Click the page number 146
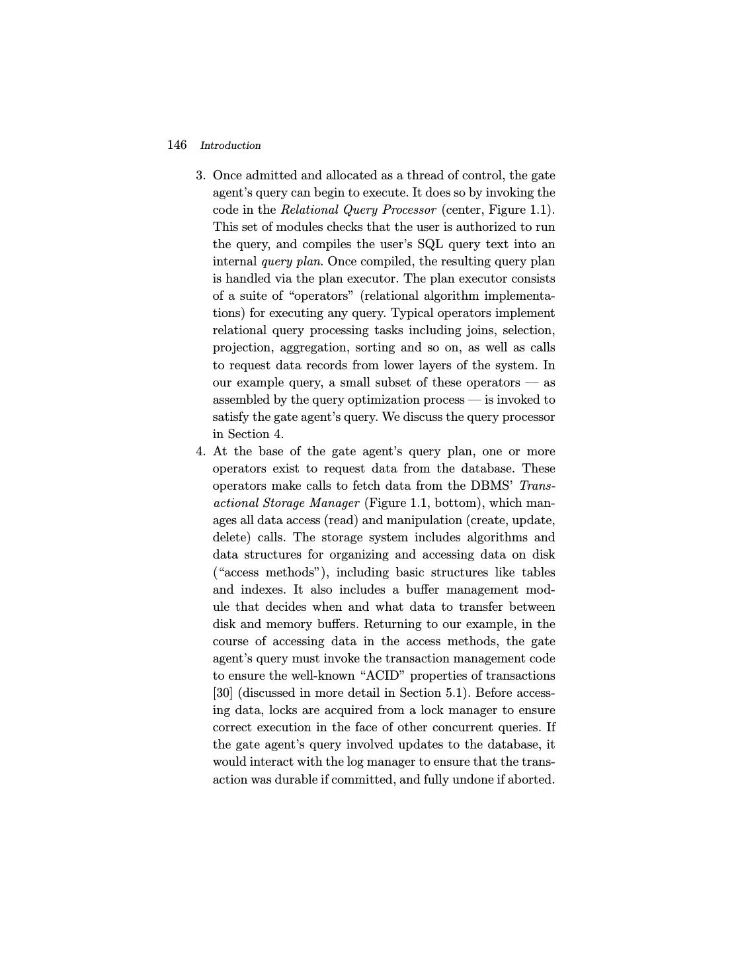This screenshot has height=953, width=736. click(x=177, y=145)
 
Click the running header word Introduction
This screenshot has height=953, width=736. click(x=230, y=146)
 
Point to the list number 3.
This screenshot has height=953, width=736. click(x=200, y=175)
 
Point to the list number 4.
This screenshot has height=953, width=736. click(x=200, y=451)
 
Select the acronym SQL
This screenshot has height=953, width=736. click(x=430, y=244)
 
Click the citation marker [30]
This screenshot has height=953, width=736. click(x=222, y=693)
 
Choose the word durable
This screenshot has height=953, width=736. click(x=296, y=780)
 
